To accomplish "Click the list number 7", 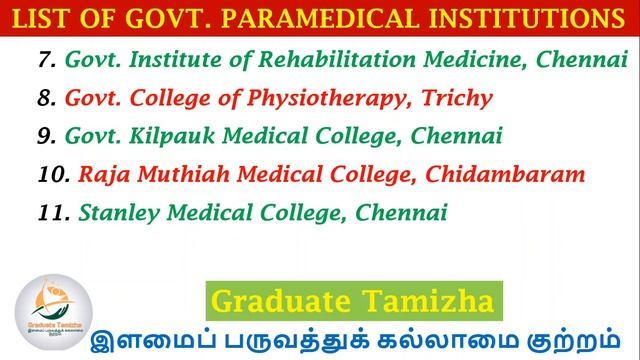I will (46, 60).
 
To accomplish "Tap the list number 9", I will (46, 136).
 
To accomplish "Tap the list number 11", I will (52, 213).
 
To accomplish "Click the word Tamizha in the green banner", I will (438, 300).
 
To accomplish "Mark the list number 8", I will (46, 99).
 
